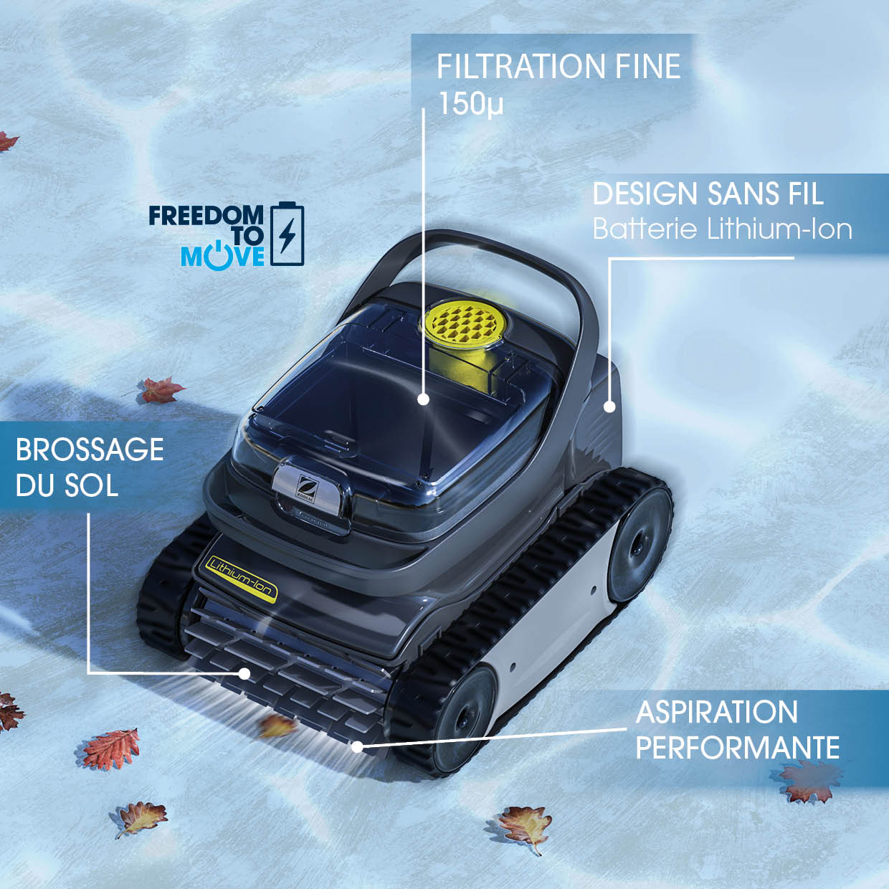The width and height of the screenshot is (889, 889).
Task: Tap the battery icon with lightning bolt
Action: pyautogui.click(x=287, y=234)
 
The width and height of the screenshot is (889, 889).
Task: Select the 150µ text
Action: pyautogui.click(x=470, y=103)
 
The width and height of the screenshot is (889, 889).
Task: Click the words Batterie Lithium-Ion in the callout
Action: pyautogui.click(x=722, y=229)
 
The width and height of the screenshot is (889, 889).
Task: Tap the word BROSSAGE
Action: pyautogui.click(x=90, y=450)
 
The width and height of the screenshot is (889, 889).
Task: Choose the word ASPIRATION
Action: pyautogui.click(x=716, y=712)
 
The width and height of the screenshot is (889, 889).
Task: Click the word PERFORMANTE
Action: pyautogui.click(x=737, y=748)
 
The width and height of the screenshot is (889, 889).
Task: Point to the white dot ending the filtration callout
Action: pyautogui.click(x=424, y=399)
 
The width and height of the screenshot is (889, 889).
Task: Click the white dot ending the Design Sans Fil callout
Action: pyautogui.click(x=609, y=407)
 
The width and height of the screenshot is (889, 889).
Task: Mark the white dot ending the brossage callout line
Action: pyautogui.click(x=244, y=674)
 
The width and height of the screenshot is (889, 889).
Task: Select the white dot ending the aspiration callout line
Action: pyautogui.click(x=357, y=746)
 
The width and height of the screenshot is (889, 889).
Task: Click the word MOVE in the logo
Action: pyautogui.click(x=222, y=256)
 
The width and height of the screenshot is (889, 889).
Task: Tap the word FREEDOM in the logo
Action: pyautogui.click(x=206, y=215)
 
